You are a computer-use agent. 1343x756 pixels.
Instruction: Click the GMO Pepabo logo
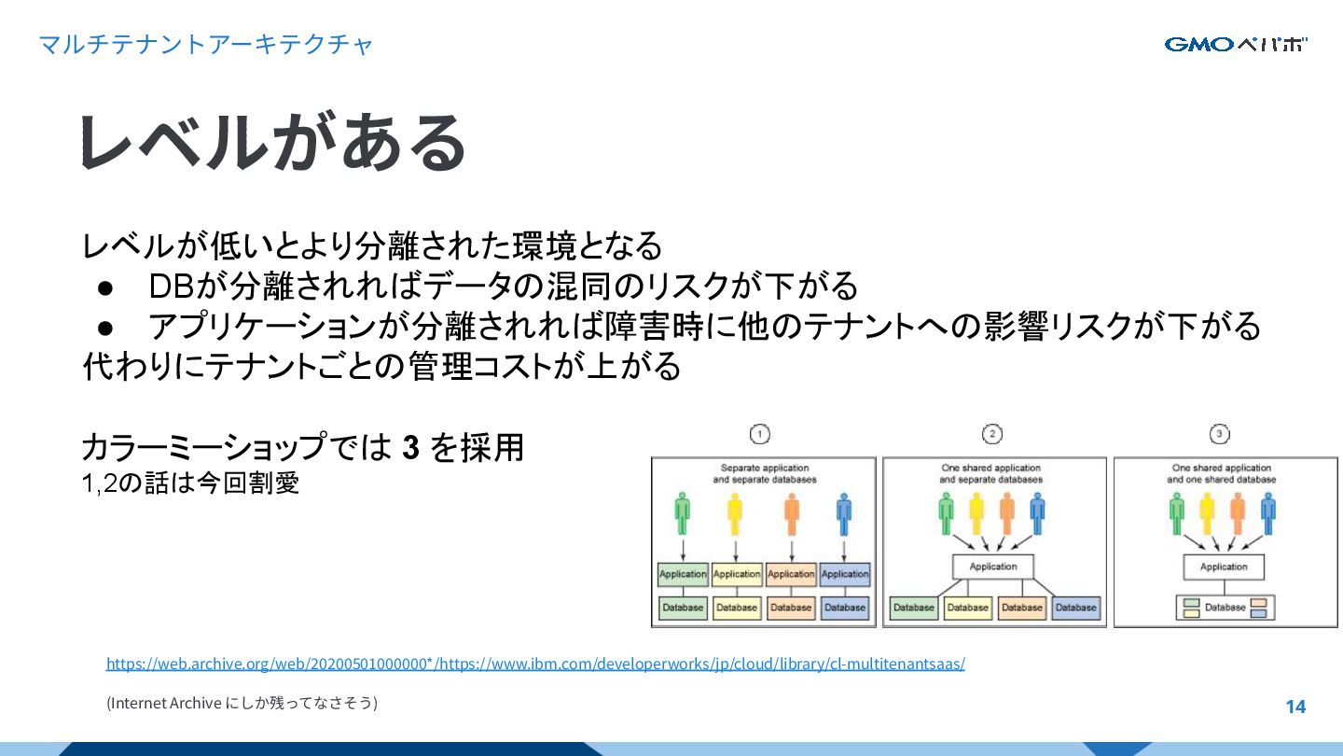pyautogui.click(x=1236, y=44)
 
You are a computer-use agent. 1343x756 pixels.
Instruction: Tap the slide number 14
pyautogui.click(x=1295, y=707)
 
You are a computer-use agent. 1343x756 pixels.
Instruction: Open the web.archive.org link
pyautogui.click(x=535, y=664)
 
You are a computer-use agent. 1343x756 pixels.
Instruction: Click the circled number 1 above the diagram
pyautogui.click(x=760, y=434)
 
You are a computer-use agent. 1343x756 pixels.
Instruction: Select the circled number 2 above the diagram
pyautogui.click(x=991, y=434)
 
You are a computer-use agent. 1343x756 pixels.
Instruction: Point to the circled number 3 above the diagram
pyautogui.click(x=1220, y=434)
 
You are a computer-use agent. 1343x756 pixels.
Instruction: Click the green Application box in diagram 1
pyautogui.click(x=683, y=574)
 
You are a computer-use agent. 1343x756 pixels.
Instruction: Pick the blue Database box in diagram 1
pyautogui.click(x=845, y=608)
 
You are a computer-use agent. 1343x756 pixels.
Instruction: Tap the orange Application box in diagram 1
pyautogui.click(x=791, y=574)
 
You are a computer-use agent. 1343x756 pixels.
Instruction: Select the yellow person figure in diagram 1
pyautogui.click(x=735, y=513)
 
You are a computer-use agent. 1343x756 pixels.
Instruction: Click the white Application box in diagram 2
pyautogui.click(x=992, y=567)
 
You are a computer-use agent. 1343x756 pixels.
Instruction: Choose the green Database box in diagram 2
pyautogui.click(x=914, y=608)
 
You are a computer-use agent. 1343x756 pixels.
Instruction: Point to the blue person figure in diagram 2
pyautogui.click(x=1037, y=513)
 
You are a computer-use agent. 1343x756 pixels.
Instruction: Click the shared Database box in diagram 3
pyautogui.click(x=1225, y=608)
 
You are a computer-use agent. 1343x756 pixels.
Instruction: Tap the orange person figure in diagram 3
pyautogui.click(x=1238, y=513)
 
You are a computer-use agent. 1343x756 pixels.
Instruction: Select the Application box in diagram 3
pyautogui.click(x=1224, y=567)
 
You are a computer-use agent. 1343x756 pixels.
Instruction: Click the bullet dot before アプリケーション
pyautogui.click(x=105, y=327)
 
